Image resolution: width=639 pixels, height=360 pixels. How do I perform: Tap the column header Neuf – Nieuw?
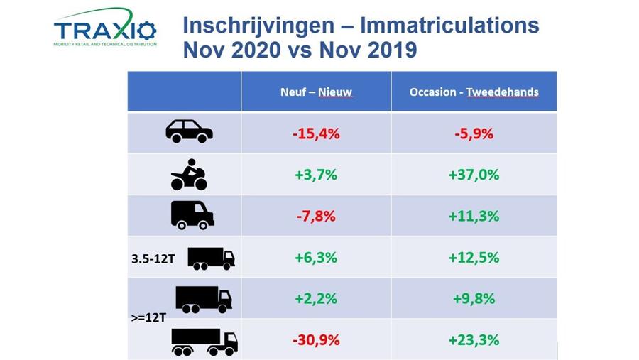tap(316, 92)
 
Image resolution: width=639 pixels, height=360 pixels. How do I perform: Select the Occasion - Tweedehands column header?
tap(474, 92)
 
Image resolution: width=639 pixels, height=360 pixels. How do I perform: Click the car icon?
tap(189, 131)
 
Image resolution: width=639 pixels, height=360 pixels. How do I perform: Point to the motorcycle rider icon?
tap(189, 175)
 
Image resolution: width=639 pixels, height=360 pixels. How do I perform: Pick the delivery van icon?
tap(192, 214)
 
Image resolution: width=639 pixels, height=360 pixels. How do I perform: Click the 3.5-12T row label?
tap(153, 258)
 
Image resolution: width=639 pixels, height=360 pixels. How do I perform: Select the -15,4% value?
tap(316, 133)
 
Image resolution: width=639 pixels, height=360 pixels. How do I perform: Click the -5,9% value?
tap(474, 133)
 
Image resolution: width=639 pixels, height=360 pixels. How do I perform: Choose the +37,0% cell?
tap(474, 175)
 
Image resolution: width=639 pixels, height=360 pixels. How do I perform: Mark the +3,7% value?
tap(316, 175)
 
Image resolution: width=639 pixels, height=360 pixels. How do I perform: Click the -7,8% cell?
tap(316, 216)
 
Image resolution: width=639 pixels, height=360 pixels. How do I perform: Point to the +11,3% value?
tap(474, 216)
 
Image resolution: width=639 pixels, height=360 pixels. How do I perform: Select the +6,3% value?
tap(316, 257)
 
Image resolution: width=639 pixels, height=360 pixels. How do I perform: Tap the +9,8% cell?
tap(474, 298)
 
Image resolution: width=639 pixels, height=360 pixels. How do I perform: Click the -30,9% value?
tap(316, 340)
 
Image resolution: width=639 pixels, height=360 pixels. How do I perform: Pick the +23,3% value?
tap(474, 340)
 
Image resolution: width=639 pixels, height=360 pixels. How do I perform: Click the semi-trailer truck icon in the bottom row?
tap(204, 342)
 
